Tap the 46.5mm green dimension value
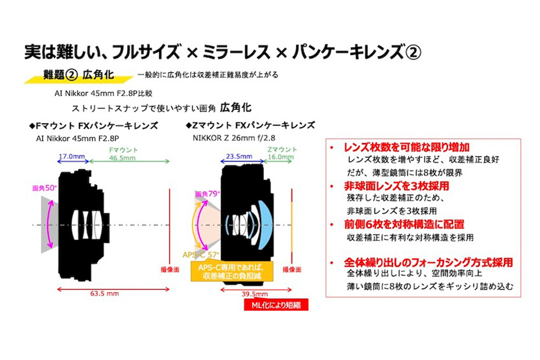(122, 157)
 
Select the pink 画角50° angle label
(46, 188)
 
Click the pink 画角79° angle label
(206, 194)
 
